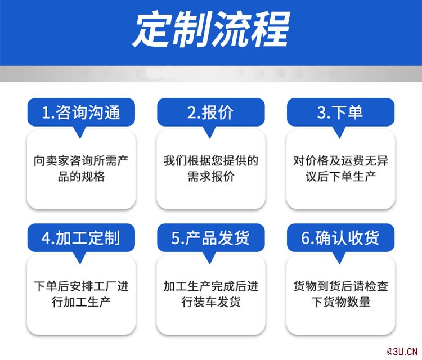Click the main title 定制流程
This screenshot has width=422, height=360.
click(x=211, y=29)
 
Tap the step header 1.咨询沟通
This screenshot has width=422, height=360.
click(x=81, y=112)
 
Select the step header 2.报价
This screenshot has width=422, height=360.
click(x=211, y=112)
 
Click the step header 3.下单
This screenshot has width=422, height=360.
click(x=340, y=112)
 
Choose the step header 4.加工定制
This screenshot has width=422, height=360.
click(x=80, y=238)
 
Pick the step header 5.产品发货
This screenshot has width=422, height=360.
click(x=211, y=238)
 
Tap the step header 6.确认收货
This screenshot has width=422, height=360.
click(x=340, y=238)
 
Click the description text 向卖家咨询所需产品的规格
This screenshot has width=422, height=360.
click(x=81, y=169)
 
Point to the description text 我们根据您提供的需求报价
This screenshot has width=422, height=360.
click(x=211, y=169)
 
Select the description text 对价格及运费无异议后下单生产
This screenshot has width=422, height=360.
click(x=340, y=169)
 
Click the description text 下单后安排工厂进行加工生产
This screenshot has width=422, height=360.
click(x=81, y=294)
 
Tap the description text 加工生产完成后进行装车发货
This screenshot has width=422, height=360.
click(x=211, y=294)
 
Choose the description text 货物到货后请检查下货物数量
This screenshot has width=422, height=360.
click(x=340, y=294)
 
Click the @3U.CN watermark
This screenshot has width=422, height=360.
click(x=402, y=352)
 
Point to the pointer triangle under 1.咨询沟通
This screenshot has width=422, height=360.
click(x=80, y=132)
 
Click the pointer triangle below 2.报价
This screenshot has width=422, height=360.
click(x=210, y=132)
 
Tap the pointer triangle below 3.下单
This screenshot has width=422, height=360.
click(x=339, y=132)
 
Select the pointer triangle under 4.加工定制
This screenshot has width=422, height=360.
click(x=80, y=258)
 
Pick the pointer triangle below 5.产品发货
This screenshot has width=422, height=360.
click(x=210, y=258)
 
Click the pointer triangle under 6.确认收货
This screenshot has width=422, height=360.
click(x=339, y=258)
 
